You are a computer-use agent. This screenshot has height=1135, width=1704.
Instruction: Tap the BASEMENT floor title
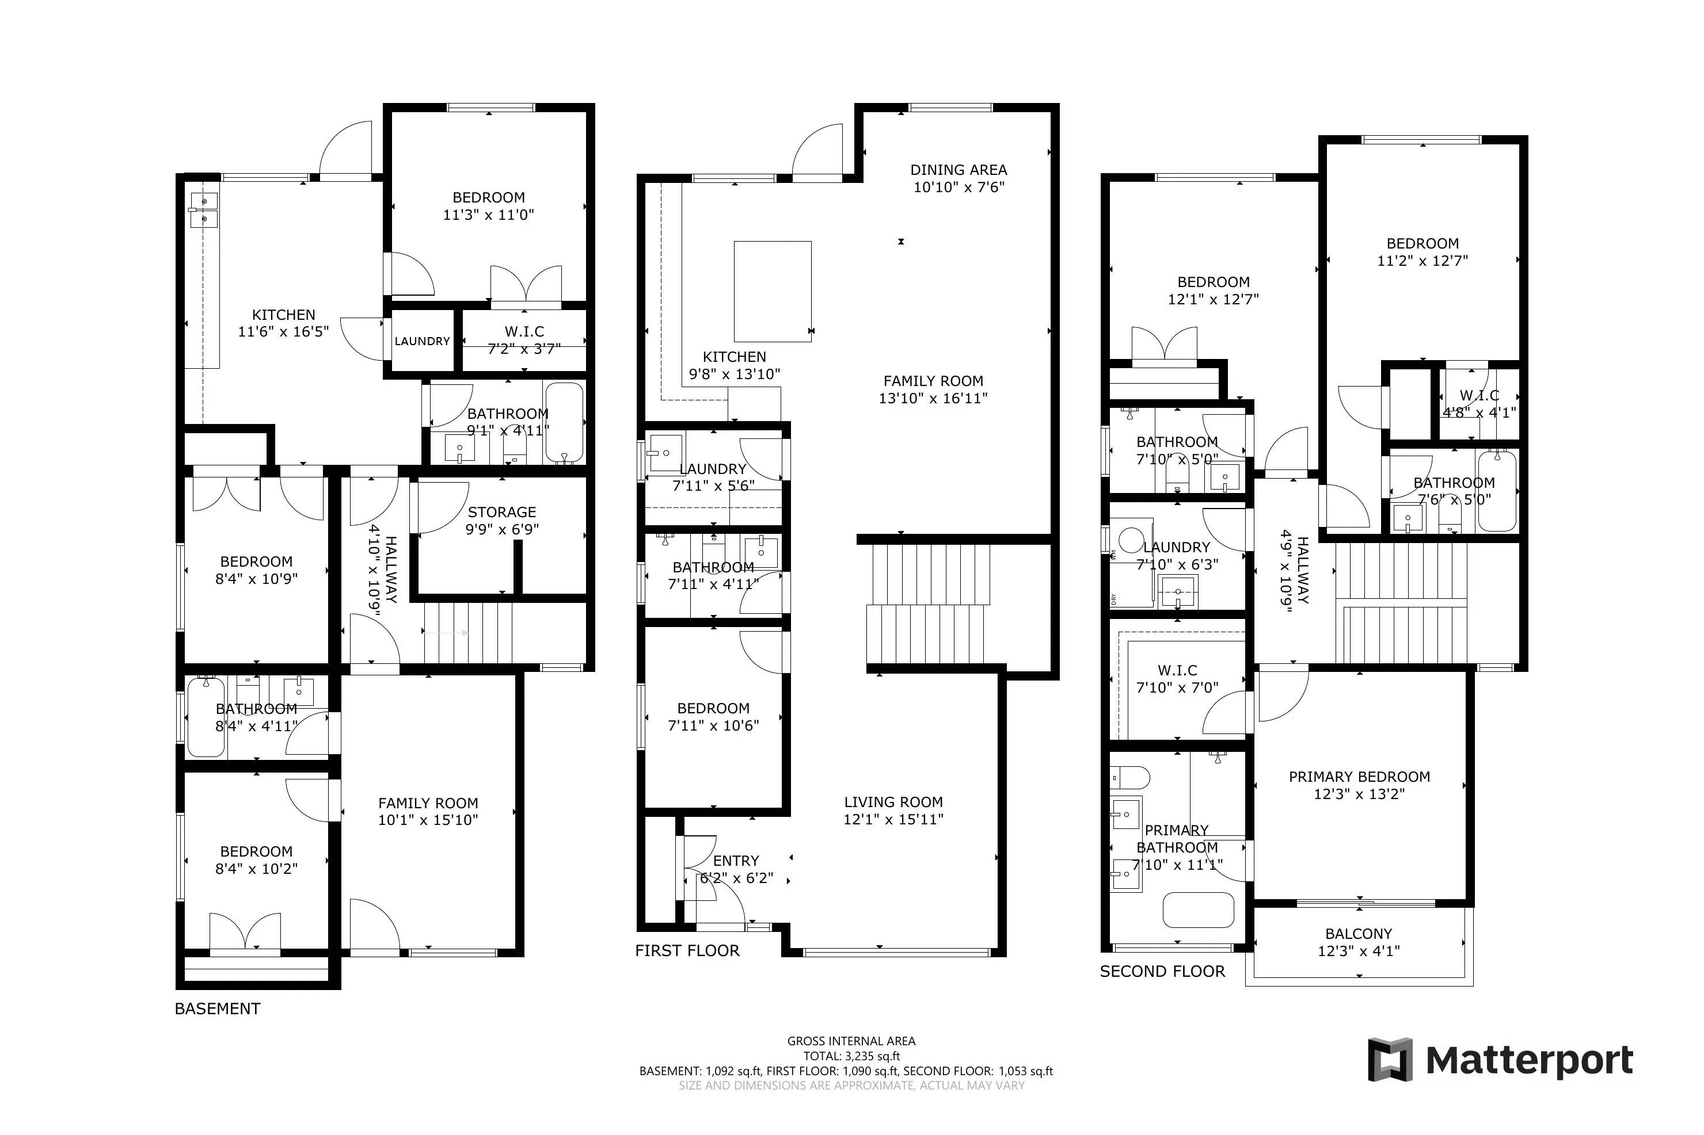point(217,1008)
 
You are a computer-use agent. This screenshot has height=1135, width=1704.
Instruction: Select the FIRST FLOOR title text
point(687,950)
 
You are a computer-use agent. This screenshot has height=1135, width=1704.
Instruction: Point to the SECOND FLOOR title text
point(1162,972)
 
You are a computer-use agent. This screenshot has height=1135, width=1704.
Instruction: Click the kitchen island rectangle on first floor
point(772,291)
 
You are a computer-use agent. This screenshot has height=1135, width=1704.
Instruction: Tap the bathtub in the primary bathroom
point(1198,910)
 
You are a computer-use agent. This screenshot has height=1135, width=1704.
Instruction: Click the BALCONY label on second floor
point(1358,934)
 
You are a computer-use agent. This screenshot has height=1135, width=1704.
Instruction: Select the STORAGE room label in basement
point(501,512)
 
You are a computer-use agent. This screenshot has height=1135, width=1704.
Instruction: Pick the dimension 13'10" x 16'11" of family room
point(933,398)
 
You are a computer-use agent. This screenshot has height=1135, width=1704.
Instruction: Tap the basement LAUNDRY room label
point(422,341)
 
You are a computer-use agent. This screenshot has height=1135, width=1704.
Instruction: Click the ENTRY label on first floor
point(736,861)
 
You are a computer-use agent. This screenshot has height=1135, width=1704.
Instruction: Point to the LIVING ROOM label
point(893,802)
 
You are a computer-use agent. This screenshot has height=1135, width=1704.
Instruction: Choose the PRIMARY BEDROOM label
point(1359,777)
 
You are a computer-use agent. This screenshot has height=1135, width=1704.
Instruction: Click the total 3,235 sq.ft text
point(851,1056)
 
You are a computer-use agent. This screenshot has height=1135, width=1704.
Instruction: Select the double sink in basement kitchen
point(205,209)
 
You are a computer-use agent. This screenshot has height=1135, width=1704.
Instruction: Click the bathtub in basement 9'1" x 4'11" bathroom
point(564,422)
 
